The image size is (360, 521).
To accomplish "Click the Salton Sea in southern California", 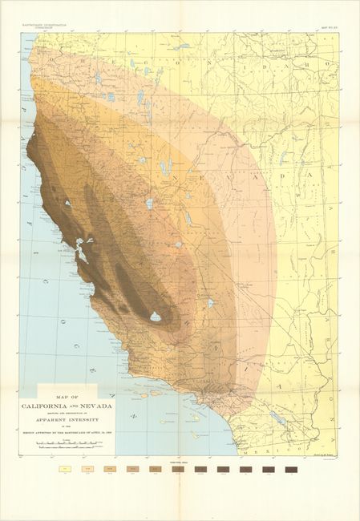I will [x=277, y=418].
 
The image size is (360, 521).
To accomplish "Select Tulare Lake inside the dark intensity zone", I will [x=155, y=317].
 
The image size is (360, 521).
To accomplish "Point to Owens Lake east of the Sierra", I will [x=210, y=304].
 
